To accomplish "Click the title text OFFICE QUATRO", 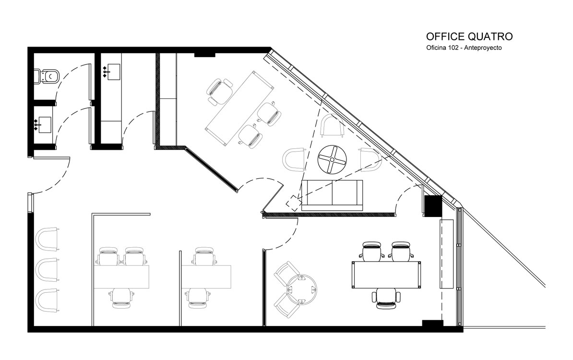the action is [x=469, y=36].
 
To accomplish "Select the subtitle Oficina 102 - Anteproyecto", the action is [x=464, y=48].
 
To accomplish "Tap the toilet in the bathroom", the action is [x=47, y=76].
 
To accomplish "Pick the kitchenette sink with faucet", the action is [x=112, y=72].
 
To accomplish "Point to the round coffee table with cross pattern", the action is [x=332, y=159].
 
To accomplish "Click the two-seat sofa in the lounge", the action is [x=332, y=195].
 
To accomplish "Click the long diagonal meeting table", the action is [x=239, y=109].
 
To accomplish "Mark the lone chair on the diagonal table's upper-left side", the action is [x=219, y=91].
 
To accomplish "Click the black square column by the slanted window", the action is [x=433, y=206].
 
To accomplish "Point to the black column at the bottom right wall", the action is [x=433, y=324].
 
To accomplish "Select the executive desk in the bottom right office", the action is [x=386, y=275].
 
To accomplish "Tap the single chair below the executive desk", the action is [x=386, y=298].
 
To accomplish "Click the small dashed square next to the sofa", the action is [x=293, y=203].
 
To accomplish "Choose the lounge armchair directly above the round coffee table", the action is [x=332, y=126].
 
